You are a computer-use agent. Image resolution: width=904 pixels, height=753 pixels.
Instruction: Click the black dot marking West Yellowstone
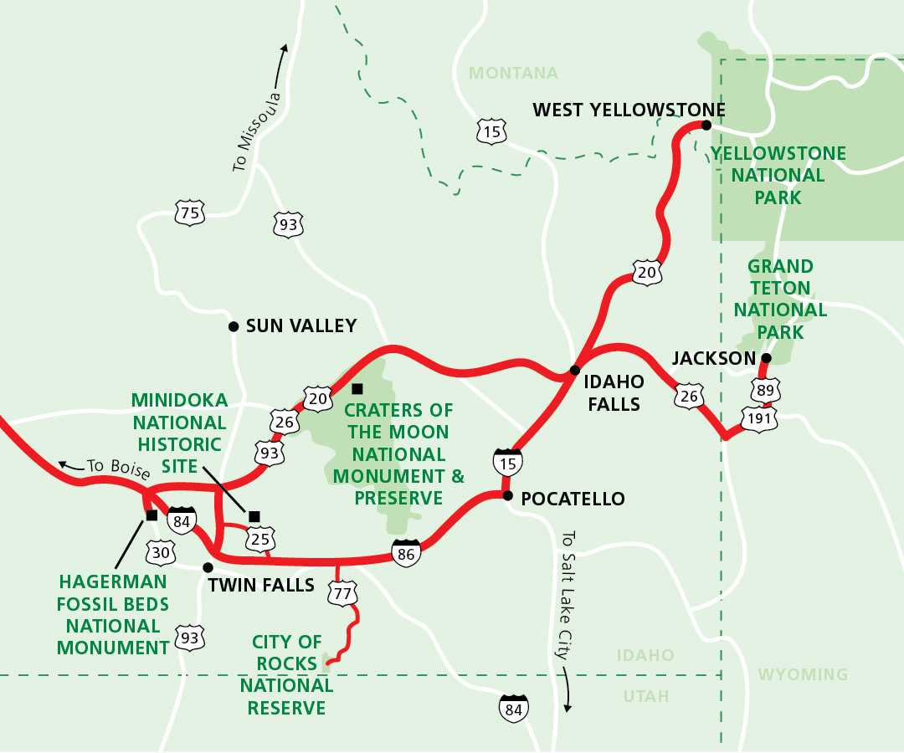click(x=706, y=125)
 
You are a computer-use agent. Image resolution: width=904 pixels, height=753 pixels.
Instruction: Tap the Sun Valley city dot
click(x=234, y=326)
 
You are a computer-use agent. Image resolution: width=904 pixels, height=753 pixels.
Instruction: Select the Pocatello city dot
click(x=507, y=495)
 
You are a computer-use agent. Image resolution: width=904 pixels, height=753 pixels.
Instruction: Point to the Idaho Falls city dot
click(x=575, y=370)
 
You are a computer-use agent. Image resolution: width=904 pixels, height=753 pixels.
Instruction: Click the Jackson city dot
click(x=765, y=358)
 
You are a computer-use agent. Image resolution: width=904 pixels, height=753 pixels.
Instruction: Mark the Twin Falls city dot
click(x=208, y=567)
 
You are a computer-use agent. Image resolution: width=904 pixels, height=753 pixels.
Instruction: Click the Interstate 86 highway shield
click(x=406, y=553)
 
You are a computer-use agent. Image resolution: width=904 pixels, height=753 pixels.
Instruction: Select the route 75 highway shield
click(x=190, y=213)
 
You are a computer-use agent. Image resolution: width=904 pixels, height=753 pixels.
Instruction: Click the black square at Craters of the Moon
click(x=357, y=388)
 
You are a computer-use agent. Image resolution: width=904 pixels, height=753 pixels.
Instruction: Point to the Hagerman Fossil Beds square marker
click(x=152, y=515)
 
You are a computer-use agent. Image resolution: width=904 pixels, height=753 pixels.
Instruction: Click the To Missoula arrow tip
click(x=285, y=46)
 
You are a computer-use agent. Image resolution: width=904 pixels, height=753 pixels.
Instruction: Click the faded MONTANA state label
click(x=513, y=73)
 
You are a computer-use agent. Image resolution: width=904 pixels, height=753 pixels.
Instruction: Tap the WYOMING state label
click(x=802, y=674)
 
